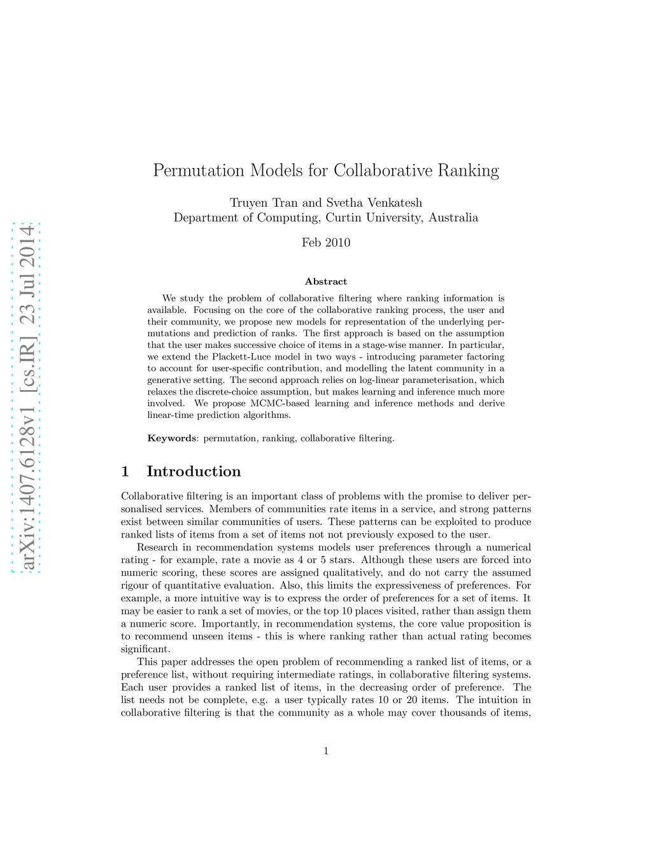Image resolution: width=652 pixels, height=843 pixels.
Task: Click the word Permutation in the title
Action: pos(199,171)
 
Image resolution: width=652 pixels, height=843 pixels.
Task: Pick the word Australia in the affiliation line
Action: pos(453,218)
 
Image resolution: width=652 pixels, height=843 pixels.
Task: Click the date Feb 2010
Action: pos(326,242)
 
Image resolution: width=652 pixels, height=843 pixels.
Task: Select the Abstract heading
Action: pos(326,281)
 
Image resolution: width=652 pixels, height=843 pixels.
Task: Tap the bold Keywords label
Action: pos(172,438)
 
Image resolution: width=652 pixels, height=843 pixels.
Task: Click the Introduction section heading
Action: pos(194,471)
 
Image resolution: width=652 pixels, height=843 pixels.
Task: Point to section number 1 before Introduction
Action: pos(125,471)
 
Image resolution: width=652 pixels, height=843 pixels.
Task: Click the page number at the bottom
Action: pos(326,751)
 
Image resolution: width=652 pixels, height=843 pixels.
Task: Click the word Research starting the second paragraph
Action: pos(157,547)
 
